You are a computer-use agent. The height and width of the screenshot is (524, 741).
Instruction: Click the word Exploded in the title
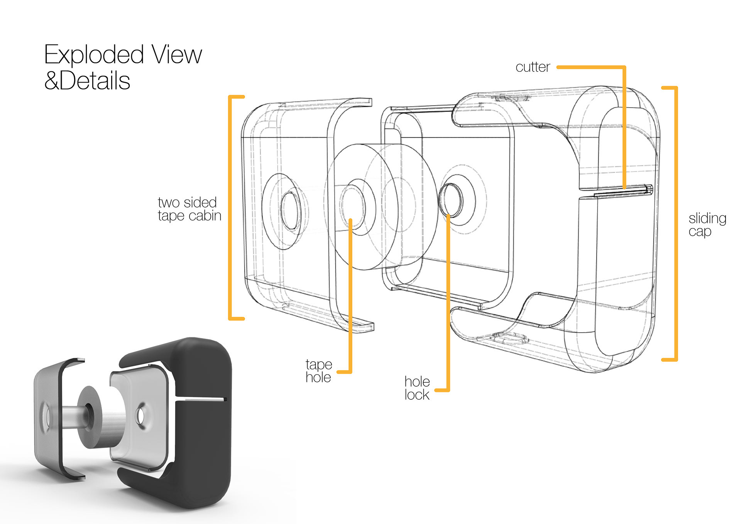[94, 55]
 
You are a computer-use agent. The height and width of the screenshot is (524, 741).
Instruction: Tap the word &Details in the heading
[87, 81]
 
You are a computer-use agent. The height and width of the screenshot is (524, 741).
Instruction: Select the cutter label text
[533, 67]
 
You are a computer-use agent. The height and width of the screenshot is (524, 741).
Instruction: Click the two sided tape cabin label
[189, 209]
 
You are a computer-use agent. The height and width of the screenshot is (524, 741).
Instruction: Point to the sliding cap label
[707, 225]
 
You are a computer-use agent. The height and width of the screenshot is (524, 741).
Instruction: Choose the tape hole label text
[318, 371]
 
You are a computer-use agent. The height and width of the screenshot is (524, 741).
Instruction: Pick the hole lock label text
[417, 388]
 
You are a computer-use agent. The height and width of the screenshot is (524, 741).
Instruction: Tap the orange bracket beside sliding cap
[675, 224]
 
